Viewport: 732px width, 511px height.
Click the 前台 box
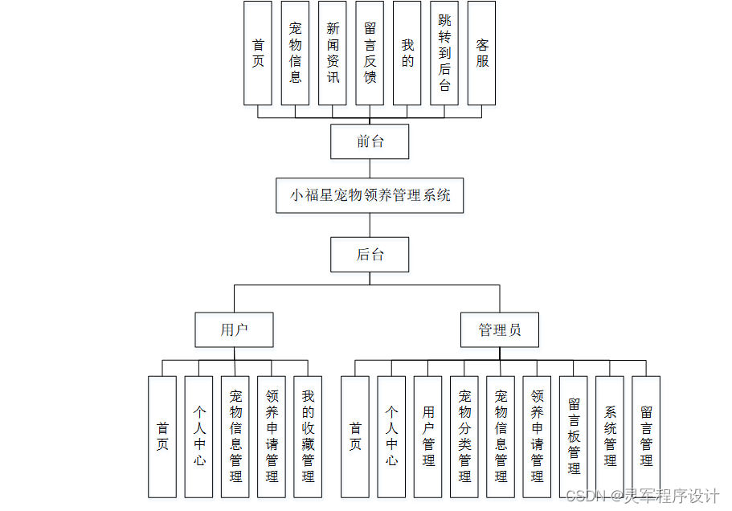[370, 142]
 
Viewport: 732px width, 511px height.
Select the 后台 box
[370, 255]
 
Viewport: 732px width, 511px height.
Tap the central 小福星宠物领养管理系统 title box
[370, 195]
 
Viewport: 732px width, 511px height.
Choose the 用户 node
[234, 329]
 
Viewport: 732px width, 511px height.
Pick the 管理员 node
[499, 329]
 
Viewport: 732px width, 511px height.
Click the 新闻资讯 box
[333, 53]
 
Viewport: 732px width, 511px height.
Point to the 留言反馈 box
[370, 53]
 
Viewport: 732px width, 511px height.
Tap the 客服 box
[481, 53]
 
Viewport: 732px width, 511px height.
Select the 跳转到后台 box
[444, 53]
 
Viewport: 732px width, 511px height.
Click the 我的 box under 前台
[407, 53]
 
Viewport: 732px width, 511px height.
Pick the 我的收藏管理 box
[308, 436]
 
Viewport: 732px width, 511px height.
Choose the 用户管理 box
[428, 436]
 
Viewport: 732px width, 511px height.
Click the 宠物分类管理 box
[464, 436]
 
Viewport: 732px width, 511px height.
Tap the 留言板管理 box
[574, 436]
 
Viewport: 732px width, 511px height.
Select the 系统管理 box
[610, 436]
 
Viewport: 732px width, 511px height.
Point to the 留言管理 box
[646, 436]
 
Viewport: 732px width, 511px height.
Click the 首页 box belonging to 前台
[258, 53]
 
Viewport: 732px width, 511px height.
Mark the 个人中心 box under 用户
[198, 436]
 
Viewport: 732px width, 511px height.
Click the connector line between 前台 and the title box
[370, 168]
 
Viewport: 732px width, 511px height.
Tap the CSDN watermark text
[643, 497]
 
